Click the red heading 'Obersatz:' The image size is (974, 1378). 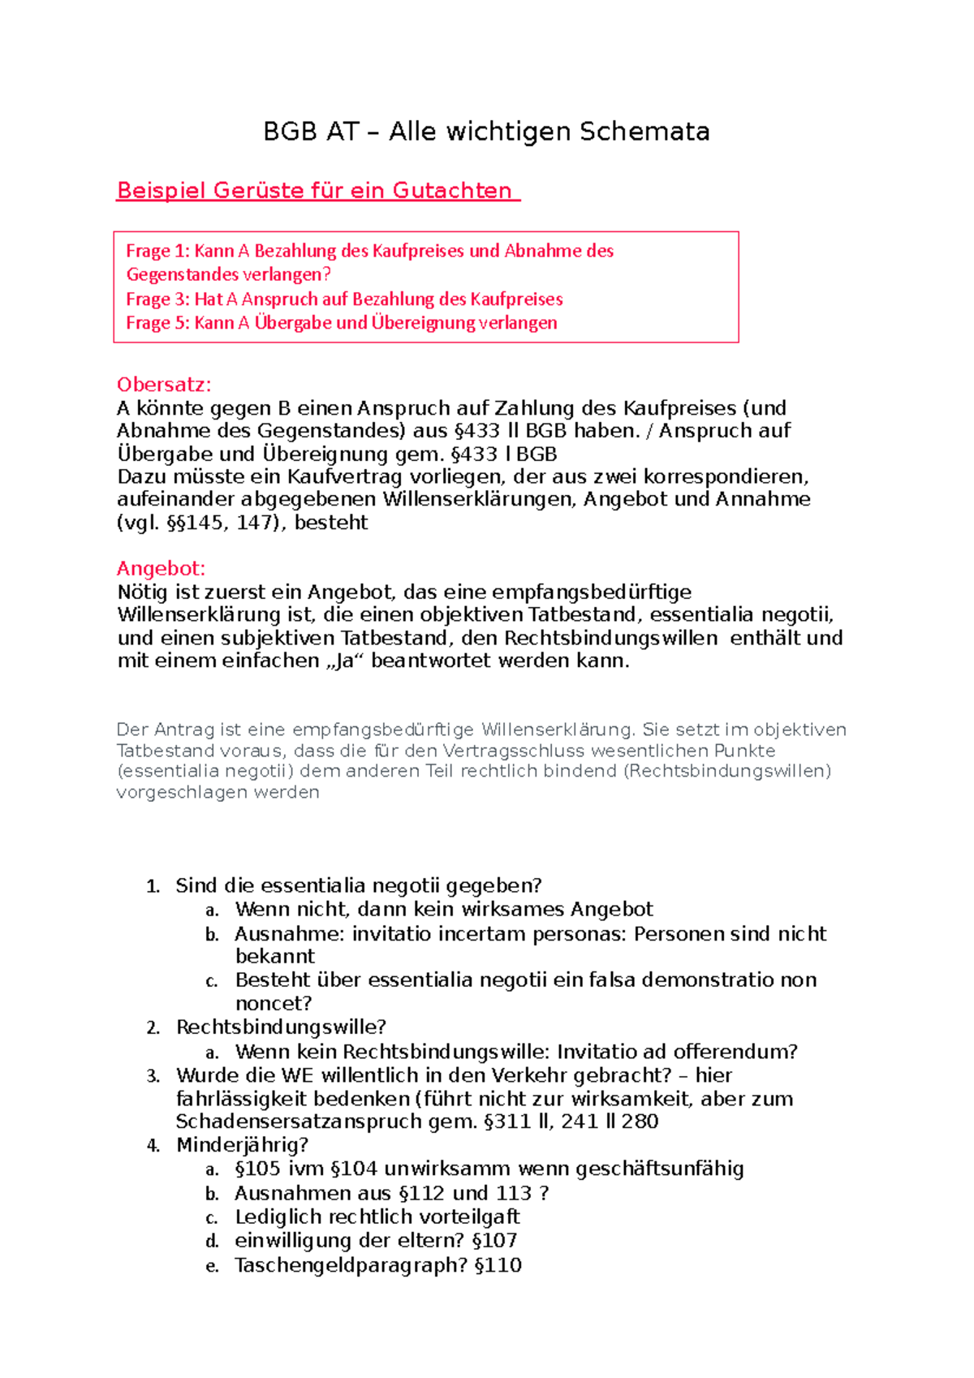coord(164,385)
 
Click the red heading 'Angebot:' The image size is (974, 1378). coord(161,568)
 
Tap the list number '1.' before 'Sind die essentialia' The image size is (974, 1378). coord(153,886)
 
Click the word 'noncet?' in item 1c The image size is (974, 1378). coord(274,1003)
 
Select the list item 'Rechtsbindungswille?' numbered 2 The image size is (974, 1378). coord(281,1027)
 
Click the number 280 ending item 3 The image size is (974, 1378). coord(640,1122)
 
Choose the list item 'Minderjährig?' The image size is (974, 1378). coord(242,1145)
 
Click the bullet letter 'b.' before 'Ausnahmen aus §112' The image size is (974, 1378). coord(212,1194)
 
